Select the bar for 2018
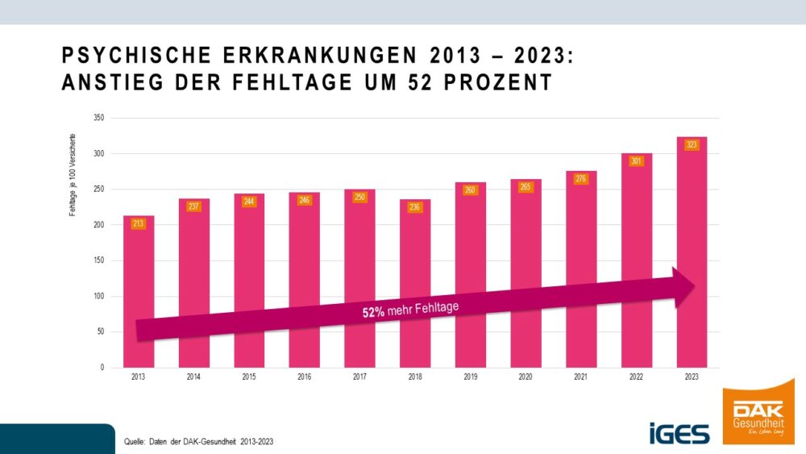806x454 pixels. coord(415,258)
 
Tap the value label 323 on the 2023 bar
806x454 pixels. coord(692,145)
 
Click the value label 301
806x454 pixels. coord(637,161)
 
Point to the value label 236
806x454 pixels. coord(415,207)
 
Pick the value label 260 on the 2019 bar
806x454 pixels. coord(470,190)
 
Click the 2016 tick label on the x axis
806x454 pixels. coord(305,377)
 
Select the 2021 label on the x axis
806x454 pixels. coord(581,377)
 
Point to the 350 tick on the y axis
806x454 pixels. coord(99,118)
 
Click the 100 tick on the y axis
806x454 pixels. coord(99,296)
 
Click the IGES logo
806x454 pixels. coord(679,433)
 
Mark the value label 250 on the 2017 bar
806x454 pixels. coord(359,198)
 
